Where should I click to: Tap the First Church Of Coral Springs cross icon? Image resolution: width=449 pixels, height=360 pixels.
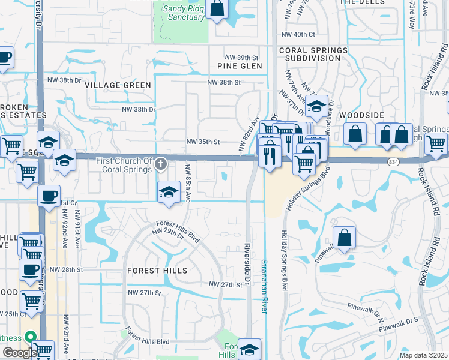(160, 163)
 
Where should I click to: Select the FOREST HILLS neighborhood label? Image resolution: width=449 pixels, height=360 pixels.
(157, 271)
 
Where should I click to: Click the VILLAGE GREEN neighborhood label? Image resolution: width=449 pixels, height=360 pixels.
(118, 85)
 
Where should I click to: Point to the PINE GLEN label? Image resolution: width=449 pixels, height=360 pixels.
(240, 66)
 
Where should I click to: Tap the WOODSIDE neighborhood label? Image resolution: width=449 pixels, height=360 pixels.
(361, 115)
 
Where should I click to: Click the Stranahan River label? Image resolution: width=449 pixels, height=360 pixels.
(264, 285)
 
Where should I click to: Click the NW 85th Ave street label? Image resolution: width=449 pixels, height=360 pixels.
(188, 182)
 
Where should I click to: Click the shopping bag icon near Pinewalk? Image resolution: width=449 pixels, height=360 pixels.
(345, 238)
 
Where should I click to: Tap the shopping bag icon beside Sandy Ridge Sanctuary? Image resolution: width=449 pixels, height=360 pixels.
(217, 9)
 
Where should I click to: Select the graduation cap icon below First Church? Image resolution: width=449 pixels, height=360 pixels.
(169, 192)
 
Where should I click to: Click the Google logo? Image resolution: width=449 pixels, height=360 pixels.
(19, 353)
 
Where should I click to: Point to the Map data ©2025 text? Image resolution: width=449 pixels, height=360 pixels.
(423, 355)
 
